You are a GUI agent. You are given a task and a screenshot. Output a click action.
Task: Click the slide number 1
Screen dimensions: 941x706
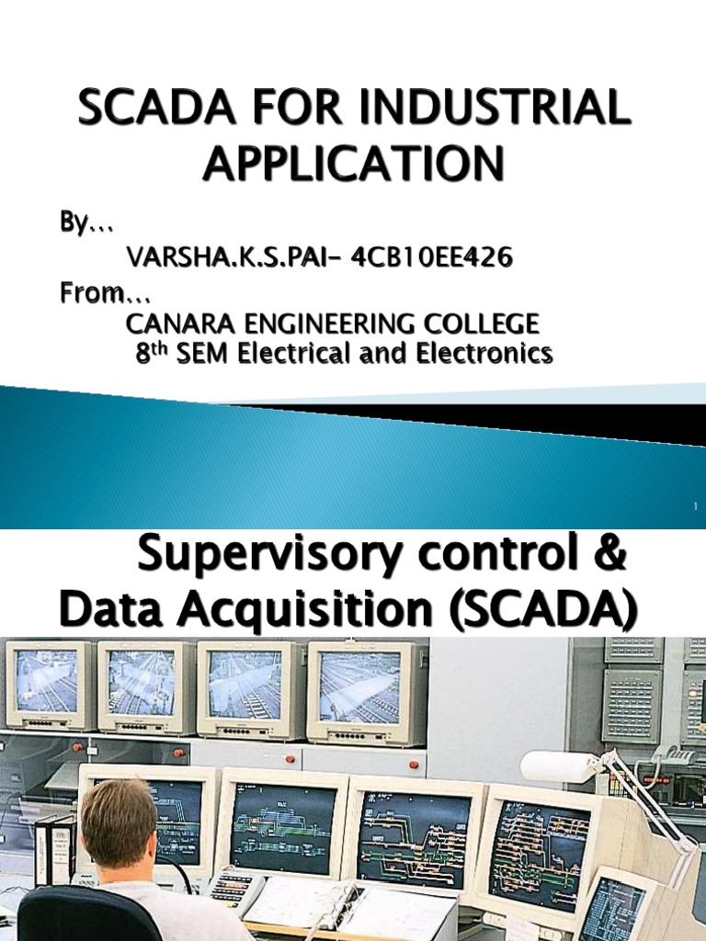[696, 506]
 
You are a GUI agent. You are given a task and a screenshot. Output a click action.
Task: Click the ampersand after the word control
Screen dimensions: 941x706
[614, 557]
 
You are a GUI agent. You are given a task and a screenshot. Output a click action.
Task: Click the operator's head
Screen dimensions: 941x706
[117, 821]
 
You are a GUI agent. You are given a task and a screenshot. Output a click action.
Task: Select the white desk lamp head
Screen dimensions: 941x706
[560, 766]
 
